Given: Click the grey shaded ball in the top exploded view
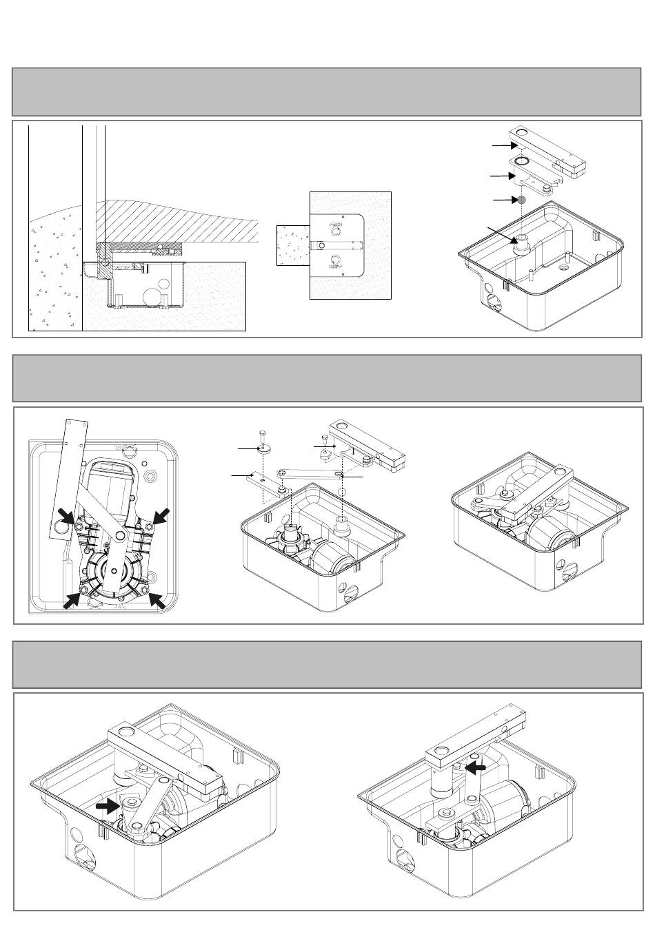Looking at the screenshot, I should pyautogui.click(x=522, y=200).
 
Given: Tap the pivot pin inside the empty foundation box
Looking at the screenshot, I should pyautogui.click(x=521, y=242).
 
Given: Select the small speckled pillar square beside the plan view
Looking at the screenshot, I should pyautogui.click(x=292, y=245).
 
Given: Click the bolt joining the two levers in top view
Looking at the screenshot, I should pyautogui.click(x=120, y=535).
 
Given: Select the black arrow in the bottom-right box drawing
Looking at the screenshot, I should pyautogui.click(x=476, y=765).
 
